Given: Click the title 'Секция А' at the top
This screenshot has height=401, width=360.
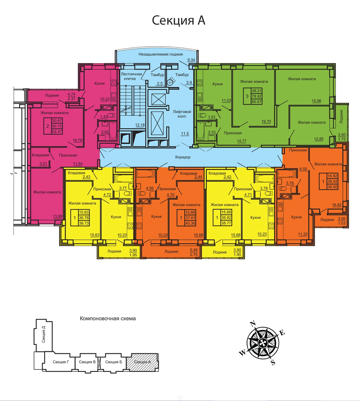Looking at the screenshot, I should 178,20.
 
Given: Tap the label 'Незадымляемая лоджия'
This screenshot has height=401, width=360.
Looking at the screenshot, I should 160,54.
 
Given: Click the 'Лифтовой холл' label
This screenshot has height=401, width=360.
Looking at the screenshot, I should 182,114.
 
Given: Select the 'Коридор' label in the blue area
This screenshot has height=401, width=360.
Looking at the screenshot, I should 183,157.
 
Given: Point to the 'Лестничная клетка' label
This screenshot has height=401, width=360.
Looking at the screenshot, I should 131,76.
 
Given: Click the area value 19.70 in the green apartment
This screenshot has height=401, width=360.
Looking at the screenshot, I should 266,121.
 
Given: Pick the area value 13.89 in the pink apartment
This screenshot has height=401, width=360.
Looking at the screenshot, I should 58,216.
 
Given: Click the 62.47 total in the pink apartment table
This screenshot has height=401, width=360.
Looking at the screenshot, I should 57,131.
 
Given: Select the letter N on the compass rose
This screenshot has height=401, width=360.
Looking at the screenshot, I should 253,323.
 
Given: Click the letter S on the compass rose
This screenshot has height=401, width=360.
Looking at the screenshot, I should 273,363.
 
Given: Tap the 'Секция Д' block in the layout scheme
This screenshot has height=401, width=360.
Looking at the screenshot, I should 43,336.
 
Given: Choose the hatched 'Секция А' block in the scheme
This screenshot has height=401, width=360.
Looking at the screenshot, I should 142,362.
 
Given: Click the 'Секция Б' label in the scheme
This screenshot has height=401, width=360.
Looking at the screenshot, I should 113,362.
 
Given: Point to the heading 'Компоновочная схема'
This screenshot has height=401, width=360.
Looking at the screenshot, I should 108,319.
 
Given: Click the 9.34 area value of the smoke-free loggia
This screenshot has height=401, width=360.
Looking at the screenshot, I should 191,60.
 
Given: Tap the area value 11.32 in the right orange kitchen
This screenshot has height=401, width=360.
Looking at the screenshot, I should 303,234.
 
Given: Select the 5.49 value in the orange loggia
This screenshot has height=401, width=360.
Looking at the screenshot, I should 193,250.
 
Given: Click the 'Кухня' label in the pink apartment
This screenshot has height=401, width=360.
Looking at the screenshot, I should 99,83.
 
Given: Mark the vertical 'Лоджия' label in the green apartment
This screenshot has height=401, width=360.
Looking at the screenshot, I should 341,117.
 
